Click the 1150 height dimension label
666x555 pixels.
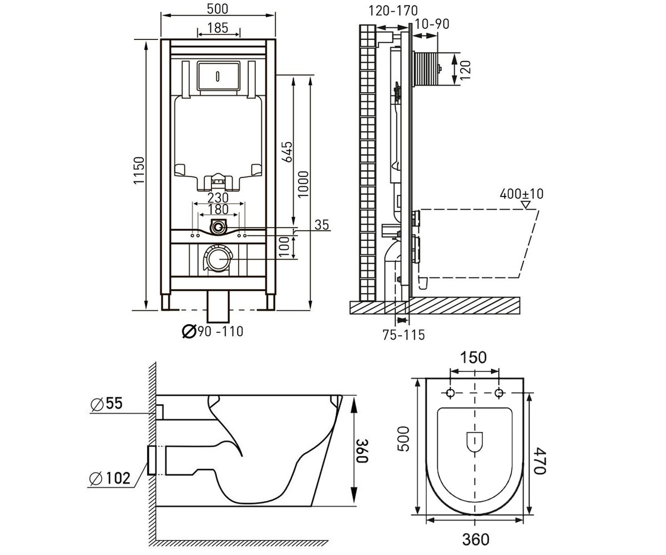(x=139, y=170)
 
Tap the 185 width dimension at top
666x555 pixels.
(x=218, y=28)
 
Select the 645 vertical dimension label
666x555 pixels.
(x=287, y=152)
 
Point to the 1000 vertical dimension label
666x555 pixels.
(x=304, y=184)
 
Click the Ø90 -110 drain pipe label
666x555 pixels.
(x=213, y=331)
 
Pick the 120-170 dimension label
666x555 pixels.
(x=393, y=11)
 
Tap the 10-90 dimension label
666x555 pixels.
(x=432, y=24)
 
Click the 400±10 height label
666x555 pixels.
(x=522, y=194)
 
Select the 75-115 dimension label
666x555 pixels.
(x=404, y=335)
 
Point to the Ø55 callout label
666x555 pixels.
(x=107, y=404)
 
